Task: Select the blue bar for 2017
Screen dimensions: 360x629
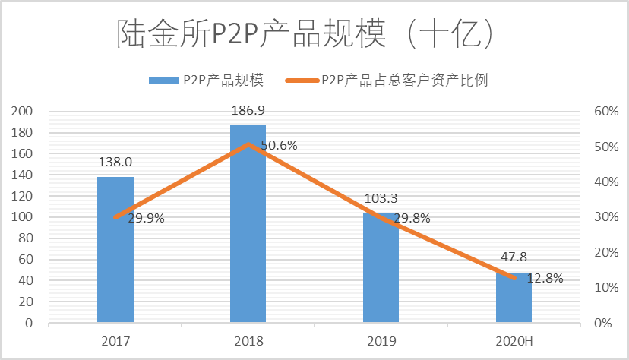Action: (x=115, y=251)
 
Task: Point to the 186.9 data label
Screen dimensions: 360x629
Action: (x=248, y=111)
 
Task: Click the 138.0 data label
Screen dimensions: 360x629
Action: (x=115, y=162)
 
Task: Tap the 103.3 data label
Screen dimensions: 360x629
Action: (x=381, y=199)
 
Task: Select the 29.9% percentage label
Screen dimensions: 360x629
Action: (x=146, y=218)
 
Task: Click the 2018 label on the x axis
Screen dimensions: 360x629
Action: (x=248, y=341)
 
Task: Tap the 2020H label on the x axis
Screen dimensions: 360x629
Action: (x=514, y=341)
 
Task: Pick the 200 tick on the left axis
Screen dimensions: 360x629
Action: (x=23, y=112)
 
